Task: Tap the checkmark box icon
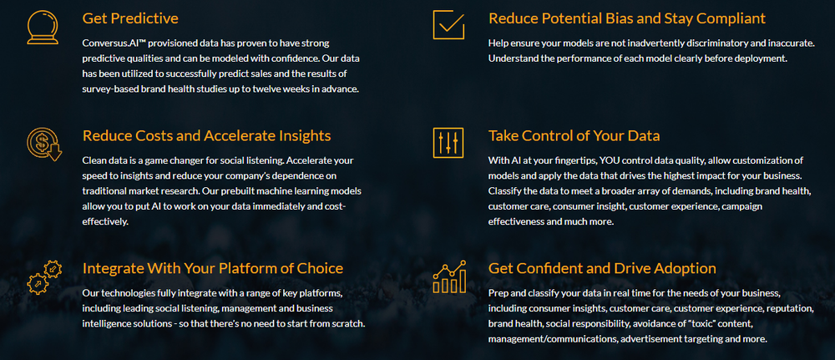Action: click(448, 24)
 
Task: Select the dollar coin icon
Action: click(43, 144)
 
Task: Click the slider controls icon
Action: click(448, 143)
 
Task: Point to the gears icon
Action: click(43, 276)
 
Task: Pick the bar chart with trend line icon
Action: click(449, 277)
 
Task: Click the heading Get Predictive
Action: click(130, 18)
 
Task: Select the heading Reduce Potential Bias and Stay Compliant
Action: click(626, 18)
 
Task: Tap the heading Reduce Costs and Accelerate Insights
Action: click(207, 136)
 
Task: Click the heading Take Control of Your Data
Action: click(574, 136)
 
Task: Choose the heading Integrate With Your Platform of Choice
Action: click(213, 268)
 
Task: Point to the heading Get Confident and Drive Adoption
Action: click(602, 268)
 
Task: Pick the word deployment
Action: click(756, 58)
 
